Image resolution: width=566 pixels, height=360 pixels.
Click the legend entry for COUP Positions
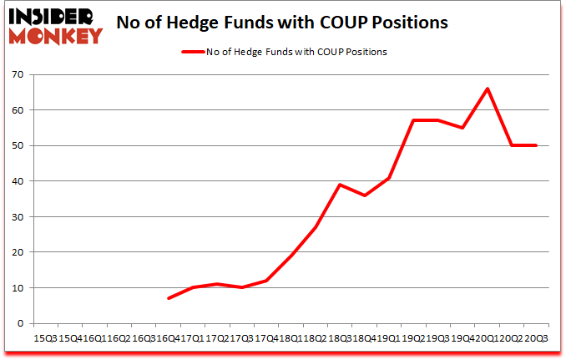pos(284,52)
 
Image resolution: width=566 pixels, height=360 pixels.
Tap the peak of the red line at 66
pos(488,89)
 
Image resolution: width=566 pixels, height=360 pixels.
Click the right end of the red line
pos(536,145)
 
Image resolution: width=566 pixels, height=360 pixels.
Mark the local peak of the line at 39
pos(340,185)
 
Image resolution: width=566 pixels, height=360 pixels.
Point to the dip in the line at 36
pos(364,195)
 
